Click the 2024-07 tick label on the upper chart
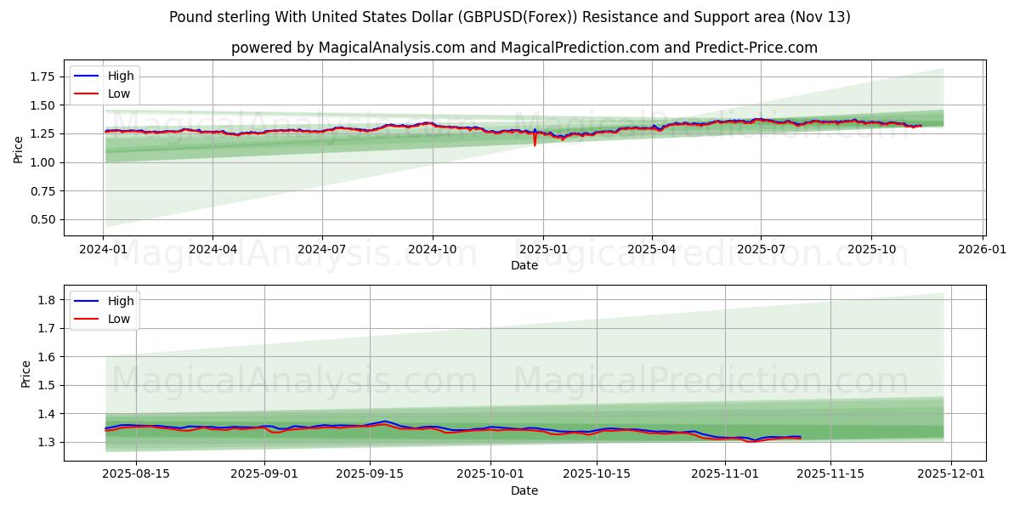[322, 250]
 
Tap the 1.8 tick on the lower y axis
[48, 300]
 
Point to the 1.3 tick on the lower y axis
[48, 442]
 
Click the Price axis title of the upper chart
[19, 150]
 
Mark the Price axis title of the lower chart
[26, 374]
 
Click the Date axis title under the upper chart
[524, 265]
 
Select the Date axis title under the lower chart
[524, 490]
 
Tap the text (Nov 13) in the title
[820, 17]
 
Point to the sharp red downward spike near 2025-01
[535, 144]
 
